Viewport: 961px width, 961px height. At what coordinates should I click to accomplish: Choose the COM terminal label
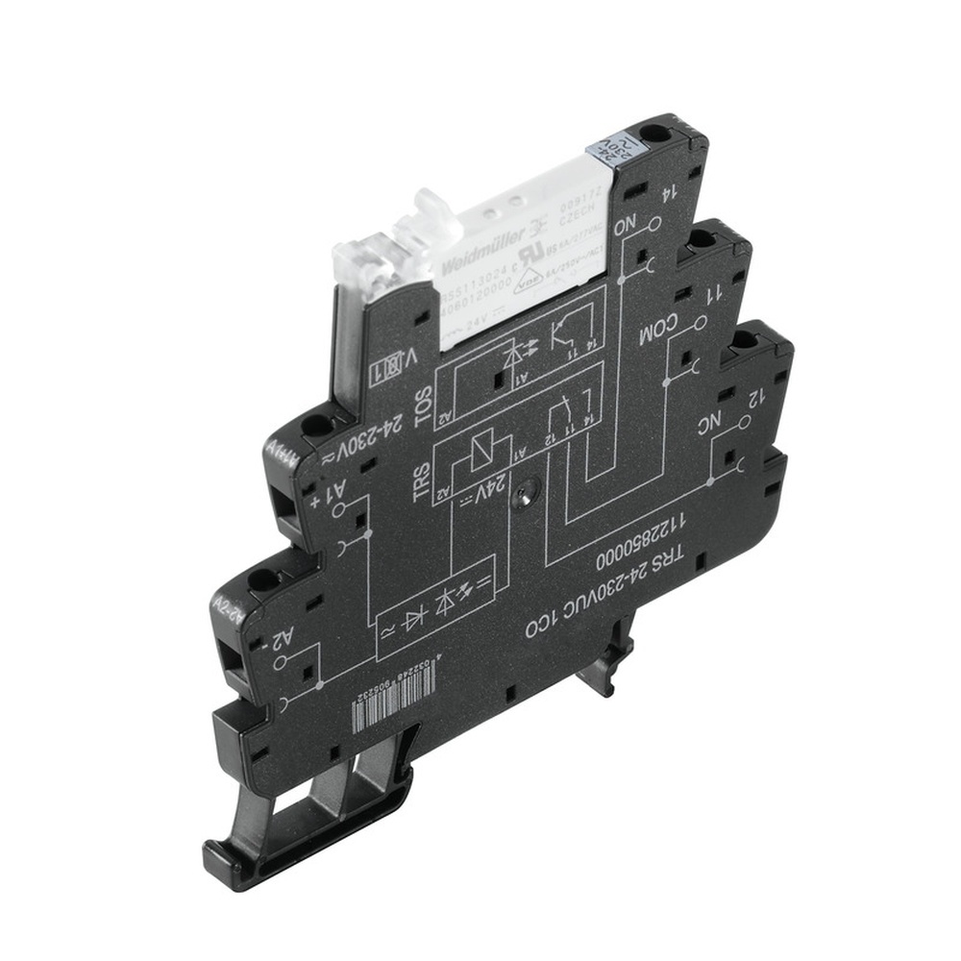pos(658,332)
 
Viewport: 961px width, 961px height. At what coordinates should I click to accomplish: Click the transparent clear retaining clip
pos(384,252)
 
